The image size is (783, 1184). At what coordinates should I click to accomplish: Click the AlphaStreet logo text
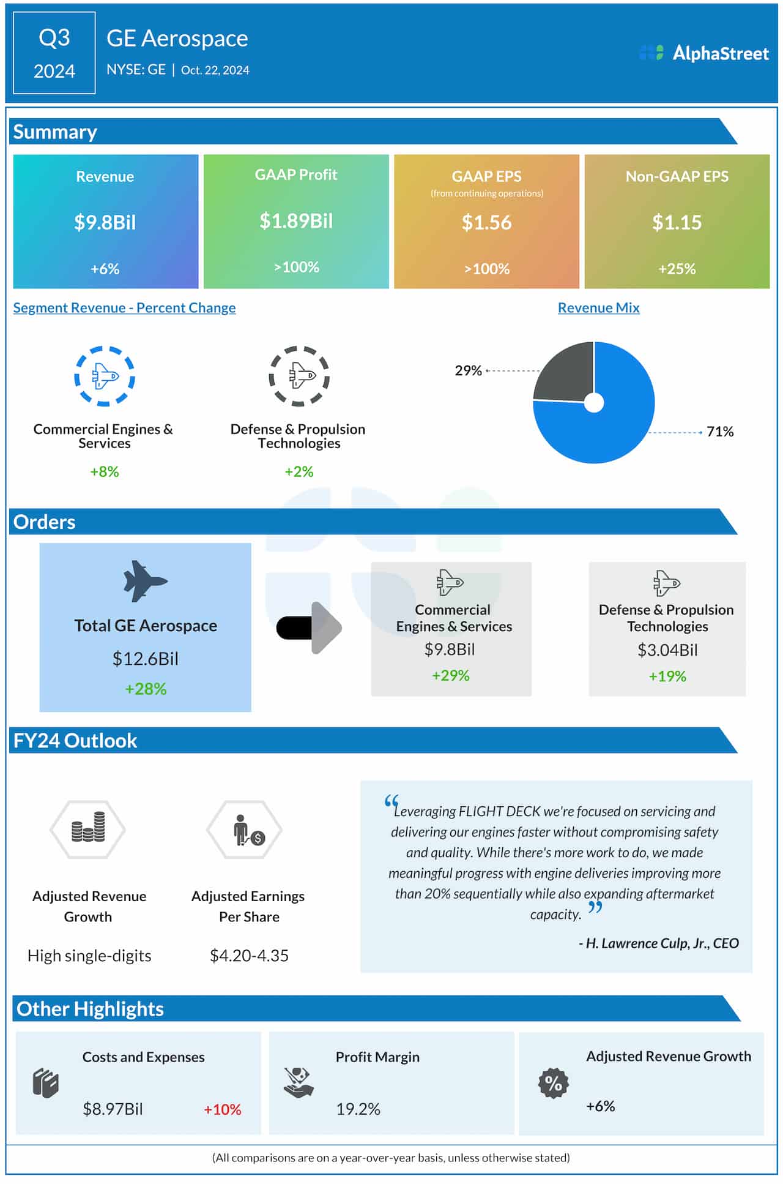pos(720,53)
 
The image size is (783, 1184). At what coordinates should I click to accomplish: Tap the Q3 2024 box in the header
pos(54,53)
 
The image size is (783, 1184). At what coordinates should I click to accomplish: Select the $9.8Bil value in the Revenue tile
pos(105,222)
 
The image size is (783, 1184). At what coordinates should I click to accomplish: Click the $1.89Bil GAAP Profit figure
pos(296,221)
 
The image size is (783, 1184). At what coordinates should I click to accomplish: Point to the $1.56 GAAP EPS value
pos(486,222)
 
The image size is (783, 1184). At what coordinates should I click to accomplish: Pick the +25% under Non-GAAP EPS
pos(677,269)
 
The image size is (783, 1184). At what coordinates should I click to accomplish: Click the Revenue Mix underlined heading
pos(598,308)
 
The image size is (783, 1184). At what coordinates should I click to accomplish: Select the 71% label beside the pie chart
pos(719,432)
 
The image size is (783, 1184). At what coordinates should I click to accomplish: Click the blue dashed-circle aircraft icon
pos(105,376)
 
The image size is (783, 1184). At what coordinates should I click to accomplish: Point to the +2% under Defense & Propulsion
pos(299,471)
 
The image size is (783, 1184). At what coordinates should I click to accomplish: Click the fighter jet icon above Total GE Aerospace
pos(145,581)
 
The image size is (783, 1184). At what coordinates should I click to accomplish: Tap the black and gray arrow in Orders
pos(310,628)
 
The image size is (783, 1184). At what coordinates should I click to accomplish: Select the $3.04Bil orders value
pos(667,650)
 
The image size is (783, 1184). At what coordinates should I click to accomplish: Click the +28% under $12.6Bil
pos(146,689)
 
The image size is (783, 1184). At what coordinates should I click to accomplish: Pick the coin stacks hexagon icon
pos(88,830)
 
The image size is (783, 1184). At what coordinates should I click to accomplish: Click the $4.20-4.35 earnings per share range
pos(249,956)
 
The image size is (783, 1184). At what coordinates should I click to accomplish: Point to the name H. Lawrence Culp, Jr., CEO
pos(659,943)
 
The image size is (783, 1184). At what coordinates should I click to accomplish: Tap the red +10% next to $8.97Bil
pos(222,1109)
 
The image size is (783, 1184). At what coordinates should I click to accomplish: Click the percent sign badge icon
pos(553,1083)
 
